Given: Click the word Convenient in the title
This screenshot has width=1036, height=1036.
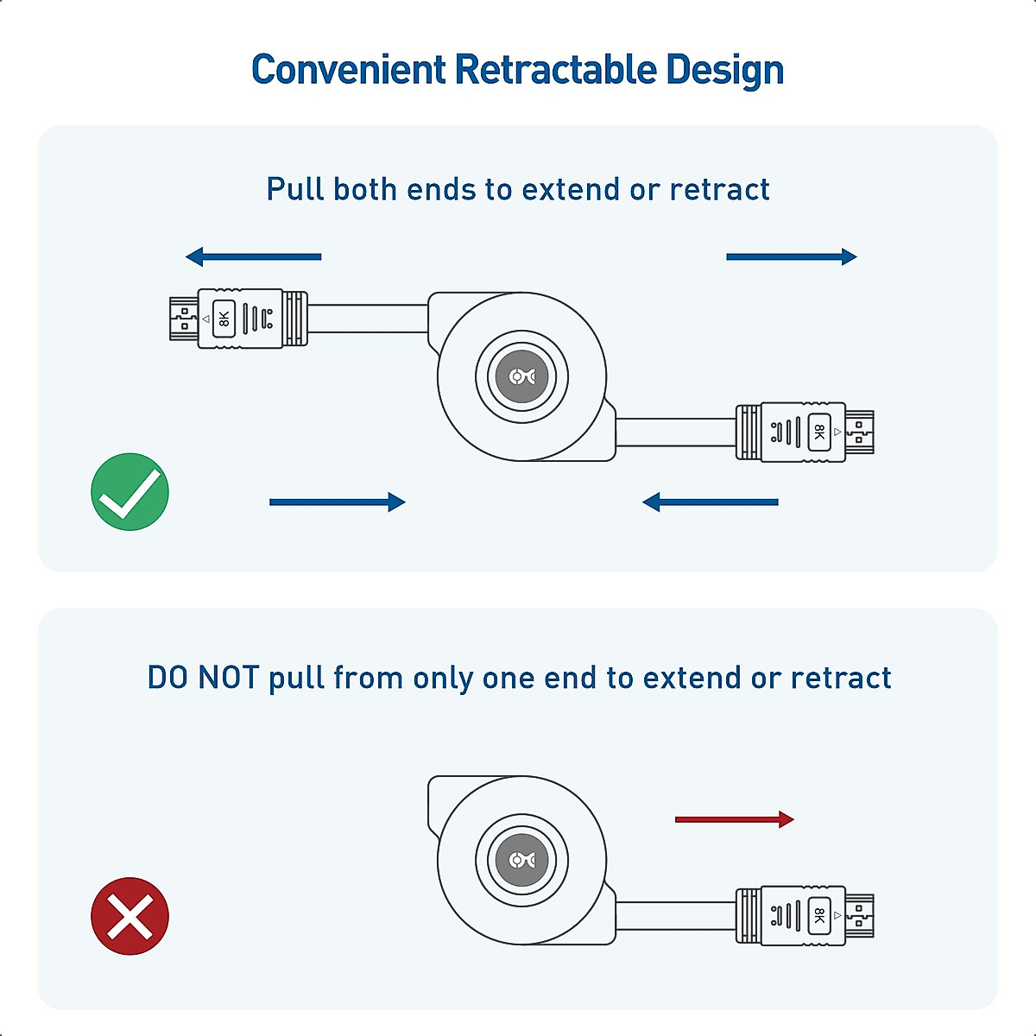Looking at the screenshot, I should click(x=349, y=70).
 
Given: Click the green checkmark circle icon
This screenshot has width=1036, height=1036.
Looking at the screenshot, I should click(x=129, y=491).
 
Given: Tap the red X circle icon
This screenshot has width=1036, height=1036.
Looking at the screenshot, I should click(x=129, y=916).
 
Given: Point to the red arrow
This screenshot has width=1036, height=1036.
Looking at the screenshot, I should click(x=734, y=819).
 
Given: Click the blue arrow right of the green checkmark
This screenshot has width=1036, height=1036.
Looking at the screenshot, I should click(x=337, y=502).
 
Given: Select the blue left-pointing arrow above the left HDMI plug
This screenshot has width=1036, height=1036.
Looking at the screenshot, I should click(x=253, y=256).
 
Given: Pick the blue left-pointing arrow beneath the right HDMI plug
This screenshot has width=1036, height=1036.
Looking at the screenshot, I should click(x=710, y=502).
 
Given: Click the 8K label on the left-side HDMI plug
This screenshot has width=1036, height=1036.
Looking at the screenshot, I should click(x=224, y=319).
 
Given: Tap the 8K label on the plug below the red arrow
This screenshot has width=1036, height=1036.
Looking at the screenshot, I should click(x=818, y=915).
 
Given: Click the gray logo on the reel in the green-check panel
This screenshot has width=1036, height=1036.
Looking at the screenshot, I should click(x=521, y=376).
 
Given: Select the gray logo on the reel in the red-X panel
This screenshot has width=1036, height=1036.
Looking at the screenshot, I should click(x=521, y=860).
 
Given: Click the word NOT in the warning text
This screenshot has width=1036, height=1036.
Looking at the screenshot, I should click(x=229, y=678).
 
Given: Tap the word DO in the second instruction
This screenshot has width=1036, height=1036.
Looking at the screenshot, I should click(x=167, y=678).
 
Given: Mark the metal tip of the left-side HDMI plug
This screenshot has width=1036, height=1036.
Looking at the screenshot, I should click(x=183, y=319).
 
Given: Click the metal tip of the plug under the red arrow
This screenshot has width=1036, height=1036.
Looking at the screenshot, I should click(x=860, y=915).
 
